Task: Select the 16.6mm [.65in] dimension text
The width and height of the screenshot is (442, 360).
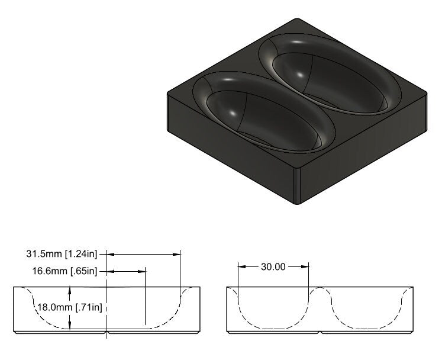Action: pos(63,271)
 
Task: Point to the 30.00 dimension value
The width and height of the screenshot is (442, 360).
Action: pos(273,267)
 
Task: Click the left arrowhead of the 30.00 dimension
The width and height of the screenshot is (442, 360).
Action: pos(240,267)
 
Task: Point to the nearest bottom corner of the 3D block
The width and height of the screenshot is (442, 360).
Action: pos(298,203)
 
